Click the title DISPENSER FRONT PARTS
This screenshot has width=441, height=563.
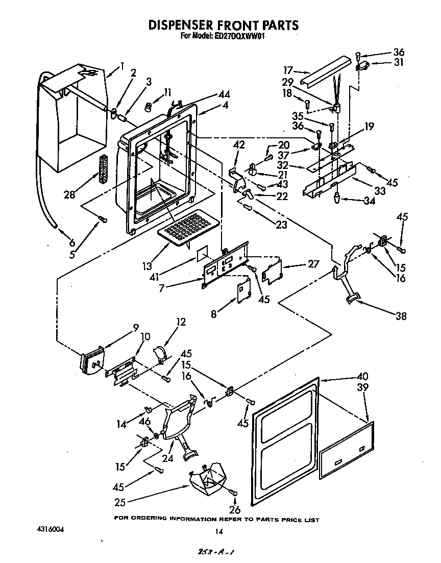point(223,25)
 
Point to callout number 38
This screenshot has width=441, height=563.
point(401,316)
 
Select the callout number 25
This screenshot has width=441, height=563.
point(120,502)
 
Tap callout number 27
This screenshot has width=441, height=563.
point(313,264)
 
